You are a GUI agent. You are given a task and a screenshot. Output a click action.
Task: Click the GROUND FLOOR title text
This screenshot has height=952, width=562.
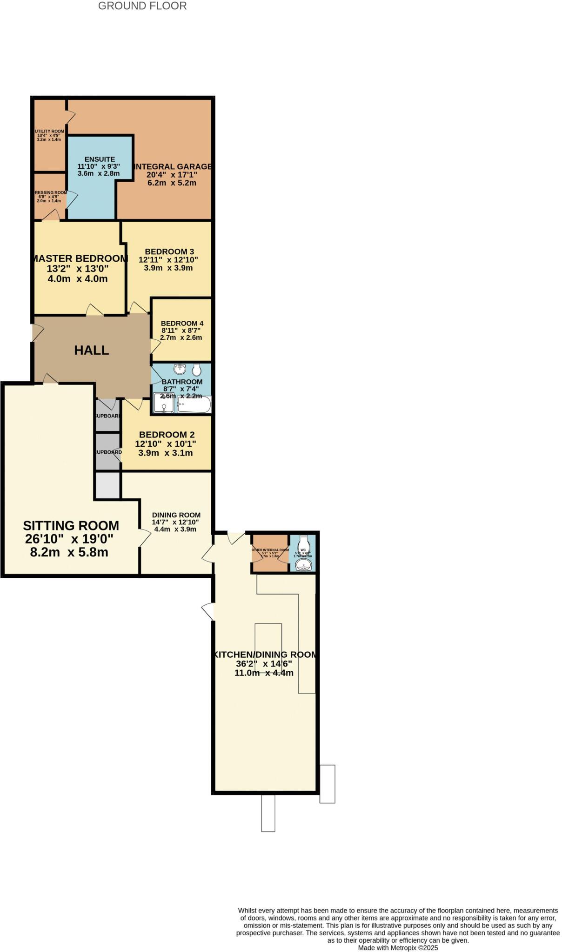142,6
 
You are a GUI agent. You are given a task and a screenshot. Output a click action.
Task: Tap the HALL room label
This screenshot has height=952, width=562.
92,350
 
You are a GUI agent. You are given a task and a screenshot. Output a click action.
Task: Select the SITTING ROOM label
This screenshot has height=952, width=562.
71,526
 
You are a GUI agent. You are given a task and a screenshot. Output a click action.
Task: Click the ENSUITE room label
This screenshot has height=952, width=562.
100,159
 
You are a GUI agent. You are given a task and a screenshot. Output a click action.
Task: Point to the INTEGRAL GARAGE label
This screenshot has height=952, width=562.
173,166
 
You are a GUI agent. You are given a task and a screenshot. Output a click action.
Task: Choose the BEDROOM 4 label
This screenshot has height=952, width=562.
182,324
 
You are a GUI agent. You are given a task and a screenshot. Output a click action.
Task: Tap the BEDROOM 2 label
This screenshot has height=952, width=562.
167,435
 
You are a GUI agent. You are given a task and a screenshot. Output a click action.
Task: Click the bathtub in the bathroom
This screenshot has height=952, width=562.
194,405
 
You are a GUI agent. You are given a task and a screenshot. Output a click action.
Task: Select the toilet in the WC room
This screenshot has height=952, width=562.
304,542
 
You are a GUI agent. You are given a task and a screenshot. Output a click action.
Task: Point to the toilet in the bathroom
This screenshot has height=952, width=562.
196,370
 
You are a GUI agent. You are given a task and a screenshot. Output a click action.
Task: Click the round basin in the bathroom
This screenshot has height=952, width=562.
180,370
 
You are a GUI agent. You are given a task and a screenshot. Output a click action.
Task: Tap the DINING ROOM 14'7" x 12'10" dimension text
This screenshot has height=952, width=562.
175,522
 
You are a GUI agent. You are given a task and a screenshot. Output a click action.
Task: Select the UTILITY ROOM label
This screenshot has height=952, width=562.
49,132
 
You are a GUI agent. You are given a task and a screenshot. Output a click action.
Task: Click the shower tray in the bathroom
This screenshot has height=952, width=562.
164,403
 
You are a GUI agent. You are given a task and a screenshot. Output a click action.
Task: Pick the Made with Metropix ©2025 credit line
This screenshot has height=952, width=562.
398,947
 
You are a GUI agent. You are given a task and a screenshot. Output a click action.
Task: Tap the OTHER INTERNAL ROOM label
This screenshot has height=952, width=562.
270,550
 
